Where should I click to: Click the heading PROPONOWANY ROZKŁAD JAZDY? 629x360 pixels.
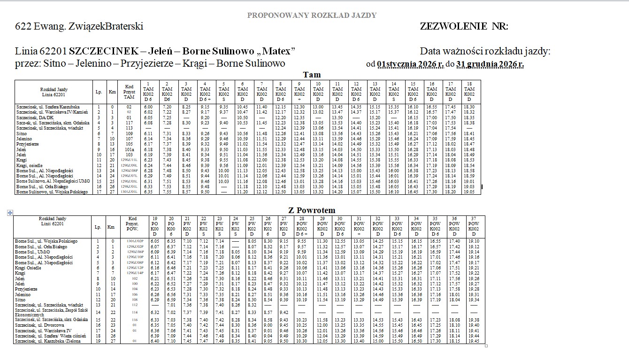coord(312,15)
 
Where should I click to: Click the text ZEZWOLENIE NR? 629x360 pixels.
coord(464,26)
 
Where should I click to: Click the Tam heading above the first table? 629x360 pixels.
coord(312,75)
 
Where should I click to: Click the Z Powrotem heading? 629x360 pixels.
coord(312,210)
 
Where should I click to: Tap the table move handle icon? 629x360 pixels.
coord(10,213)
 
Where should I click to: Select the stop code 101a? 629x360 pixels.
coord(129,149)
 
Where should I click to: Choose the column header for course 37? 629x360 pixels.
coord(475,227)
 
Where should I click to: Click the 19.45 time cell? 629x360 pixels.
coord(474,341)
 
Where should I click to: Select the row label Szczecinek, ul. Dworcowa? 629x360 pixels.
coord(38,325)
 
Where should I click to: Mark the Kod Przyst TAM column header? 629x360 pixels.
coord(129,91)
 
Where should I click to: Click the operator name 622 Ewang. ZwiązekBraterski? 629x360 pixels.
coord(79,26)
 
